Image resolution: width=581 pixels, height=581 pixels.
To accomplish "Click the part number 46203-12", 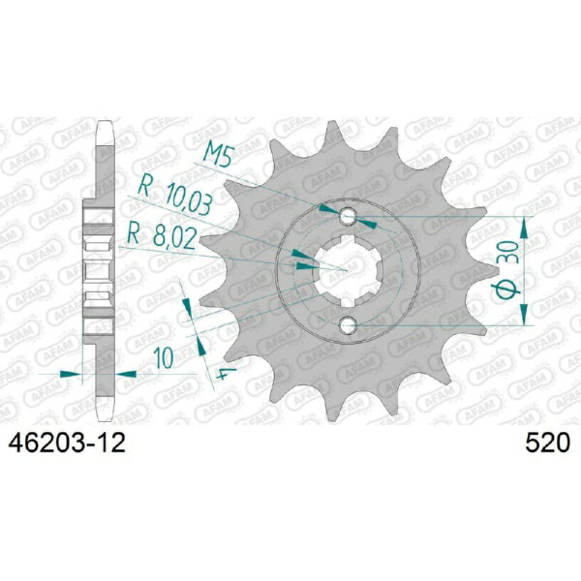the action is coord(67,443).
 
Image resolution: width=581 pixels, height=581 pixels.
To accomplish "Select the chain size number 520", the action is coord(547,443).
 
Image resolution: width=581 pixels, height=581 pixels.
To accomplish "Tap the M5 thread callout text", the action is coord(219,155).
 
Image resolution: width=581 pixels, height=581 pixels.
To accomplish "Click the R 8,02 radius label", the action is coord(161,237).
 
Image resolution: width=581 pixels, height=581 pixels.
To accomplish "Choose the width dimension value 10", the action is coord(164,358).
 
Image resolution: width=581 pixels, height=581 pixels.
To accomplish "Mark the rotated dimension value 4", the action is coord(226,373).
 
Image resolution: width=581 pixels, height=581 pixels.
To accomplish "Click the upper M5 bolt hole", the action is coord(348,216).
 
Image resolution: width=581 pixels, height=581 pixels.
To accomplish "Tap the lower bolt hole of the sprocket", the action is coord(348,326).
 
